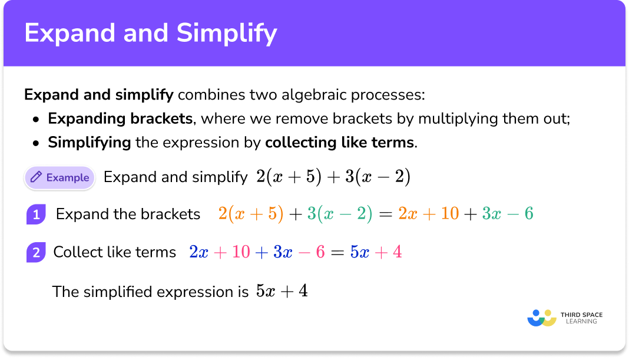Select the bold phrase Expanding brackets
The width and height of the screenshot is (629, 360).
[120, 118]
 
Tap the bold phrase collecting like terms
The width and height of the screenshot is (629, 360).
[340, 142]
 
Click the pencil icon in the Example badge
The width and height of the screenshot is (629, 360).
[37, 177]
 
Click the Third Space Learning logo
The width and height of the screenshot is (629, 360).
[565, 318]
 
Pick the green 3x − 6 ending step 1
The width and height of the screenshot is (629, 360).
[507, 214]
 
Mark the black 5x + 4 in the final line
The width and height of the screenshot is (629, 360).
[282, 291]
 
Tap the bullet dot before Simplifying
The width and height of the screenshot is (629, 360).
[37, 143]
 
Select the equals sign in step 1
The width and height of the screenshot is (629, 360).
[385, 214]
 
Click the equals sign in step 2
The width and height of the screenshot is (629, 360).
[337, 253]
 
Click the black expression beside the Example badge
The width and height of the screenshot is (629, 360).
[333, 177]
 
